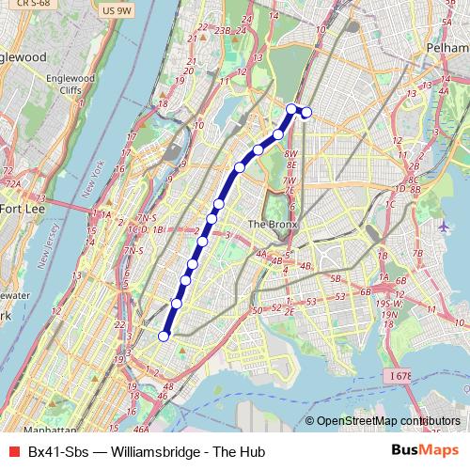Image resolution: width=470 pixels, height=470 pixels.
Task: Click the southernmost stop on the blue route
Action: click(x=164, y=336)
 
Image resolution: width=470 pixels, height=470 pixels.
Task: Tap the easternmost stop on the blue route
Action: click(x=305, y=114)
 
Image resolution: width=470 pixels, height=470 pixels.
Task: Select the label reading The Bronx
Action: click(x=272, y=225)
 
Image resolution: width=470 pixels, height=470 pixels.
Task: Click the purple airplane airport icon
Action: click(x=445, y=227)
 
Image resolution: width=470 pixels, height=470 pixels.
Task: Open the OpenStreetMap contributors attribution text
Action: click(x=387, y=421)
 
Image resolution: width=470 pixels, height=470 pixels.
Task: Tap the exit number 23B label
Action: click(x=222, y=30)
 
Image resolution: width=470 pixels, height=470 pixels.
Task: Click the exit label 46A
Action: click(x=142, y=430)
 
